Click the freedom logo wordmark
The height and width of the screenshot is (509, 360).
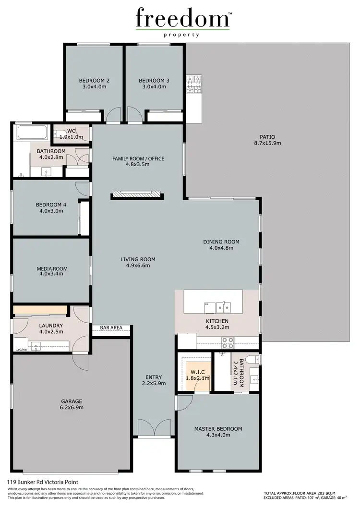[183, 19]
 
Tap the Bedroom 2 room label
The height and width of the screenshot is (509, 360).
[94, 81]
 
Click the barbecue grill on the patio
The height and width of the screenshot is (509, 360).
[194, 84]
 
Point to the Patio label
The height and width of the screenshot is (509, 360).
[267, 136]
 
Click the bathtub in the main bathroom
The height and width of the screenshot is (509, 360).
[32, 131]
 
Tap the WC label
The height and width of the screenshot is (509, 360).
[71, 131]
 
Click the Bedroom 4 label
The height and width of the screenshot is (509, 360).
[51, 205]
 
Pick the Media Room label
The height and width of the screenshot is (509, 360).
[52, 268]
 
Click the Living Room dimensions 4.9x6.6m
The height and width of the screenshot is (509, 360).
[138, 266]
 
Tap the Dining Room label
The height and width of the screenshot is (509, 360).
[221, 242]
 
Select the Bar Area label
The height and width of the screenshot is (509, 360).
[111, 328]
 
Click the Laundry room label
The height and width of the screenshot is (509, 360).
[51, 325]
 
